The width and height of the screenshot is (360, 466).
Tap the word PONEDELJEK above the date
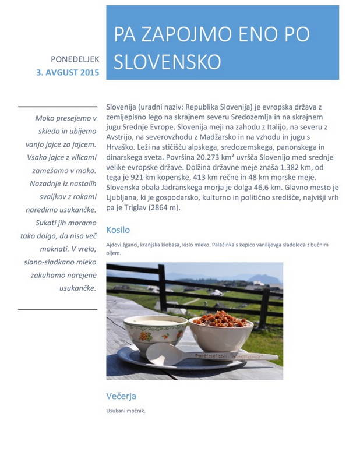pyautogui.click(x=75, y=59)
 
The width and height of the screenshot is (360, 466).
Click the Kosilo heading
pyautogui.click(x=118, y=230)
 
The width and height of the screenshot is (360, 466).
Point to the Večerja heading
pyautogui.click(x=121, y=396)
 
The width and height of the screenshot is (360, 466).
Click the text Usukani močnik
pyautogui.click(x=126, y=411)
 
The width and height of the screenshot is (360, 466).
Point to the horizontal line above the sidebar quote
pyautogui.click(x=57, y=107)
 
